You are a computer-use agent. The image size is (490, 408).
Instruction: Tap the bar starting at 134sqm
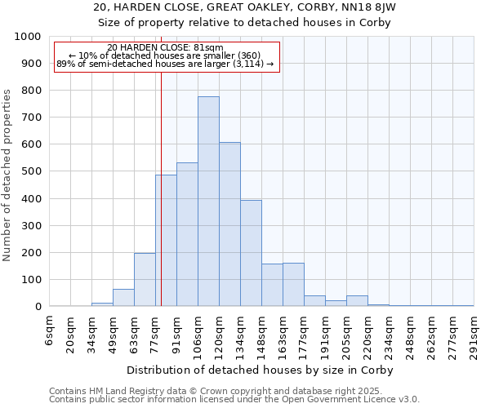coord(251,253)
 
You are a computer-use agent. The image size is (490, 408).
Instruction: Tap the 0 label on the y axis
coord(38,307)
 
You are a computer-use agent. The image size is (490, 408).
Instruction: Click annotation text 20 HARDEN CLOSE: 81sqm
coord(165,48)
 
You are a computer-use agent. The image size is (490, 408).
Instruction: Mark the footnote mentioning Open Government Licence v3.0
coord(234,400)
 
